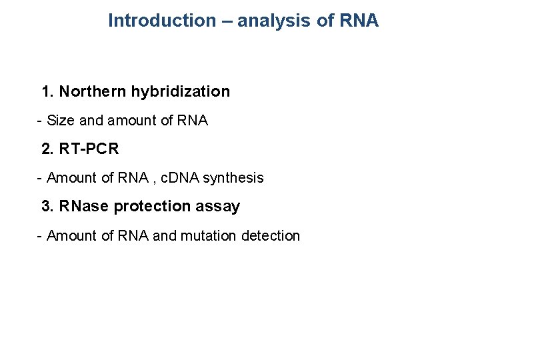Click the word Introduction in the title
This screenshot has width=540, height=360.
[162, 21]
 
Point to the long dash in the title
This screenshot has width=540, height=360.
[227, 21]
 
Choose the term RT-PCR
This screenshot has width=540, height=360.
[89, 149]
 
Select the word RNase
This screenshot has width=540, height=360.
[84, 207]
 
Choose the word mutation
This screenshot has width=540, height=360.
[217, 235]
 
